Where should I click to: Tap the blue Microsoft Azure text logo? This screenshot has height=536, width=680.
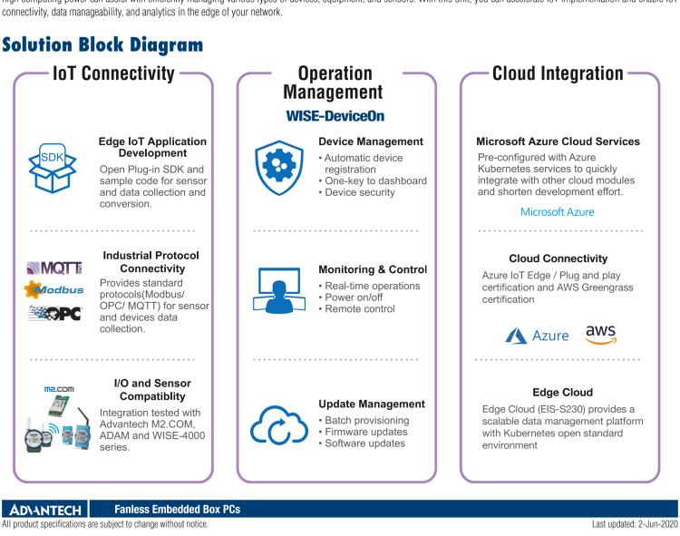pyautogui.click(x=557, y=211)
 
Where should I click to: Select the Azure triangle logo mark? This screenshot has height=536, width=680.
pyautogui.click(x=517, y=336)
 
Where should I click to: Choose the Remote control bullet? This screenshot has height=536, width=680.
pyautogui.click(x=360, y=308)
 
